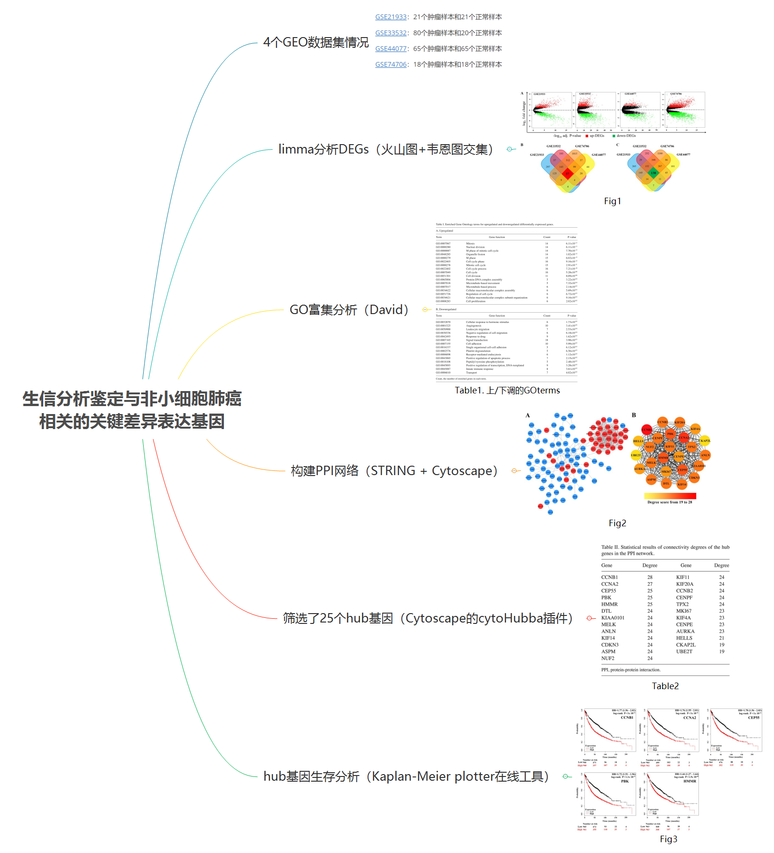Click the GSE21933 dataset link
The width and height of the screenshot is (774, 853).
[x=391, y=17]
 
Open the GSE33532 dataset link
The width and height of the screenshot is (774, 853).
[x=391, y=33]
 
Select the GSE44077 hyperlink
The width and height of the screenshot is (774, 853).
[x=391, y=49]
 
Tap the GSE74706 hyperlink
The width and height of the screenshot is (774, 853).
[x=391, y=64]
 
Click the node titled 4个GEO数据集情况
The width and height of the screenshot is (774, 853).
[x=316, y=42]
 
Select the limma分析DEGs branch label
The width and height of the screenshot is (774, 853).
[x=385, y=149]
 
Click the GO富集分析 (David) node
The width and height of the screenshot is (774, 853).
[x=349, y=310]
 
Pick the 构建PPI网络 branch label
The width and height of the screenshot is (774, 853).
[x=394, y=471]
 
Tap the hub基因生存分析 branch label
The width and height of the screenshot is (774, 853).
[x=406, y=776]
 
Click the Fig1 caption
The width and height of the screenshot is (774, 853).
[x=612, y=201]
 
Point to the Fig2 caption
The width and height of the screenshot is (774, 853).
[x=617, y=523]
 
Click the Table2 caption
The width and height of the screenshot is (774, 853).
[x=665, y=686]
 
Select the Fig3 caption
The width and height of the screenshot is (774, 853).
[x=668, y=839]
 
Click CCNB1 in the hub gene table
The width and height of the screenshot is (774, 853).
[x=609, y=577]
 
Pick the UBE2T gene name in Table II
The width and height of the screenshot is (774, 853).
[x=684, y=652]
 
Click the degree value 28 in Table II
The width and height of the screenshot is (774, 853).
[x=650, y=577]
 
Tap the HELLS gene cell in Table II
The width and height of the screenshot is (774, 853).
[x=684, y=638]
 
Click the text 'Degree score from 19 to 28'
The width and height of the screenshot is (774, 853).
[x=669, y=502]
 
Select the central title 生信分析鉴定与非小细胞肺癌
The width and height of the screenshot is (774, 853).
[x=132, y=399]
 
